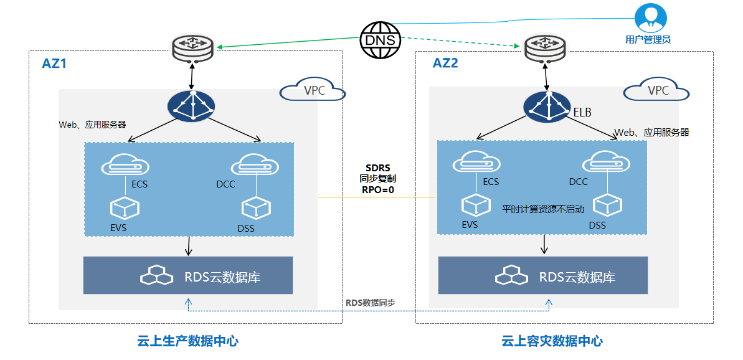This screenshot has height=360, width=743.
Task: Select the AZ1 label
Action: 54,64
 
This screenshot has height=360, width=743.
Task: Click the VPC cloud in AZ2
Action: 657,90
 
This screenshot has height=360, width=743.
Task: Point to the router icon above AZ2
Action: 544,49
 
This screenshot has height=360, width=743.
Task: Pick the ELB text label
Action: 582,113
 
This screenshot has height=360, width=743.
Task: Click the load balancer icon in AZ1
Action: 191,107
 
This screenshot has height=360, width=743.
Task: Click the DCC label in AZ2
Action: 579,182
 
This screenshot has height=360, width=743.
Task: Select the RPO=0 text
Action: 377,191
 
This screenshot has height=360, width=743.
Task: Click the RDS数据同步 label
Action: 371,303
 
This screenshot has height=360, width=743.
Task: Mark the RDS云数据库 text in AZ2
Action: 577,277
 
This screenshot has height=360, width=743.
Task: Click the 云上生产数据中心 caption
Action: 187,341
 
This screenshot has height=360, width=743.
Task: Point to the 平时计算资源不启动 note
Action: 543,209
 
